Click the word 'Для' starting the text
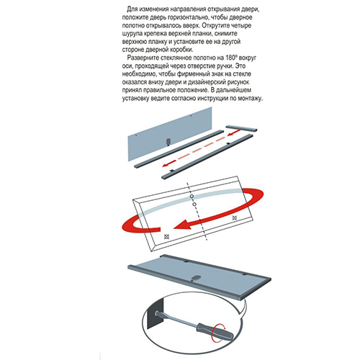tap(132, 9)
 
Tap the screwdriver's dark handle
tap(215, 330)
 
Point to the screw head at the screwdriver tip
tap(157, 313)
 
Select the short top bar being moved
tap(241, 128)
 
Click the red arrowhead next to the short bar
tap(231, 134)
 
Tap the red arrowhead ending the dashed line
tap(166, 164)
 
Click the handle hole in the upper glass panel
tap(168, 142)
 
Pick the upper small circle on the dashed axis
tap(192, 197)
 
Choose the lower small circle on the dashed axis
tap(194, 204)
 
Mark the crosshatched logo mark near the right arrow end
tap(235, 217)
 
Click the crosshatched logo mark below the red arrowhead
tap(166, 236)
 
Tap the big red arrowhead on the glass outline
tap(182, 226)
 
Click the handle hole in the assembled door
tap(196, 278)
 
